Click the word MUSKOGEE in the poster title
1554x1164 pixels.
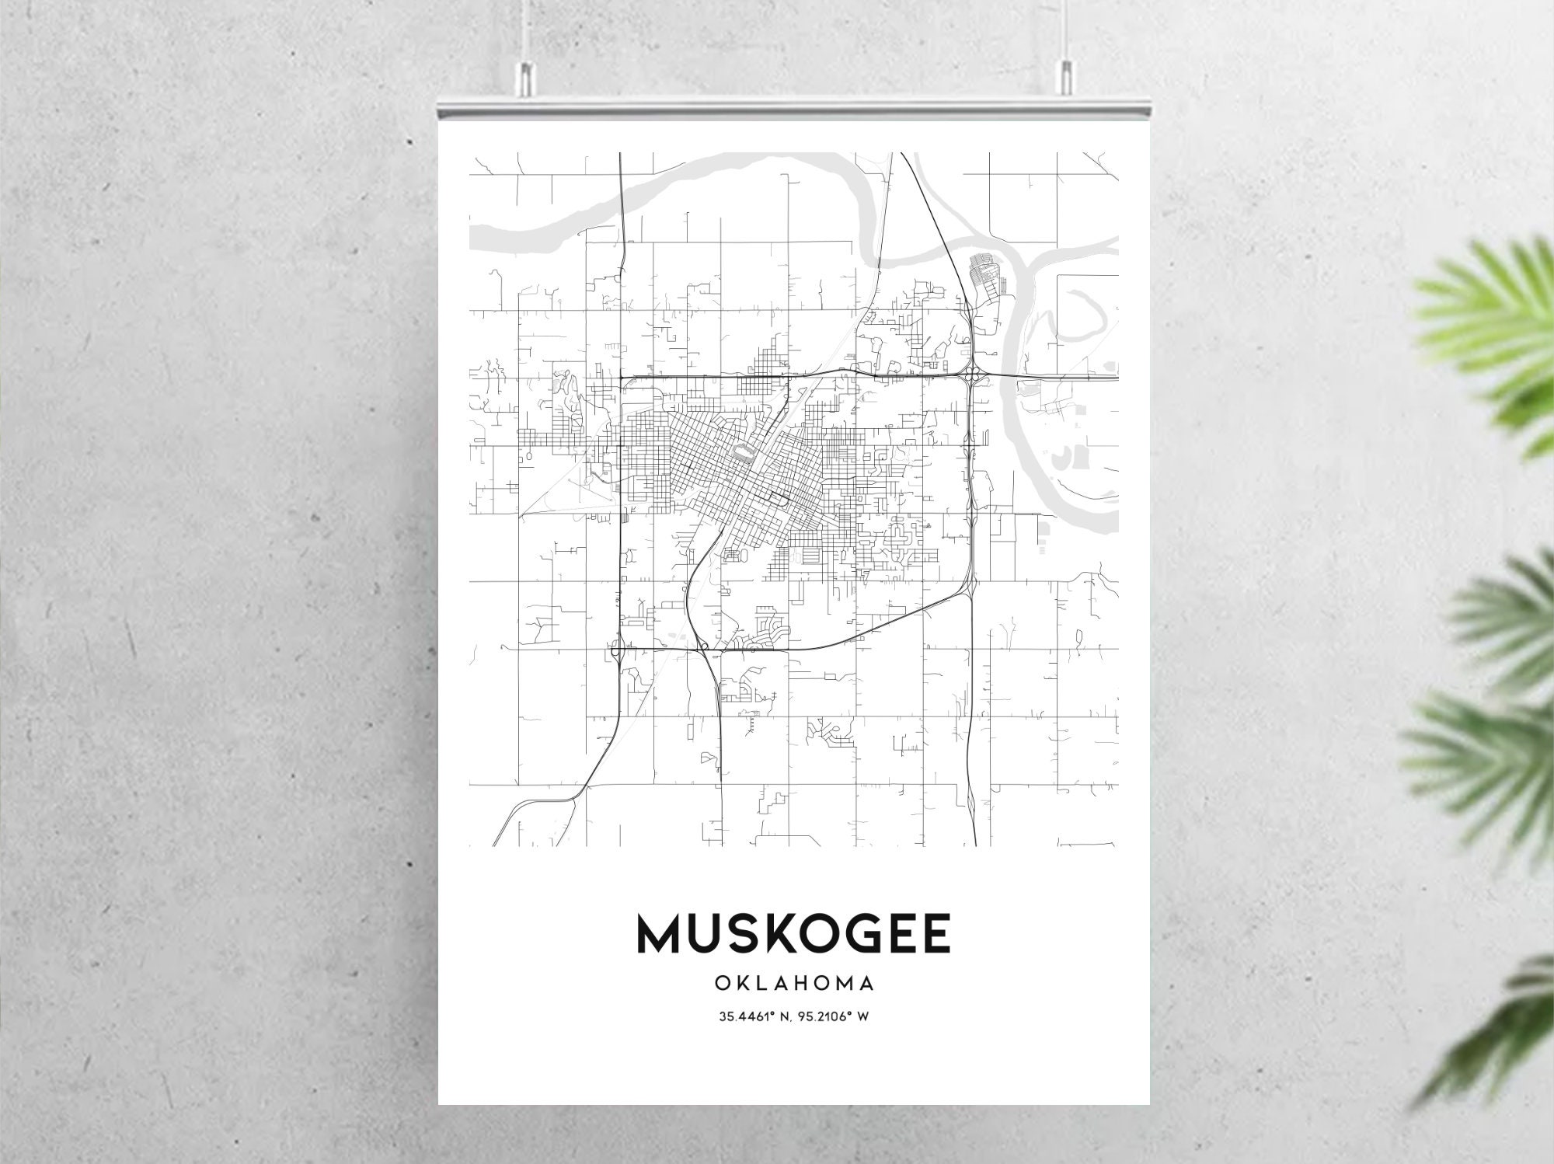coord(793,933)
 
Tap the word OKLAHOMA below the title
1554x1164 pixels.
coord(793,983)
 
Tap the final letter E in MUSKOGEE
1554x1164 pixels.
coord(936,933)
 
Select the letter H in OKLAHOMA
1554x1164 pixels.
coord(805,983)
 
